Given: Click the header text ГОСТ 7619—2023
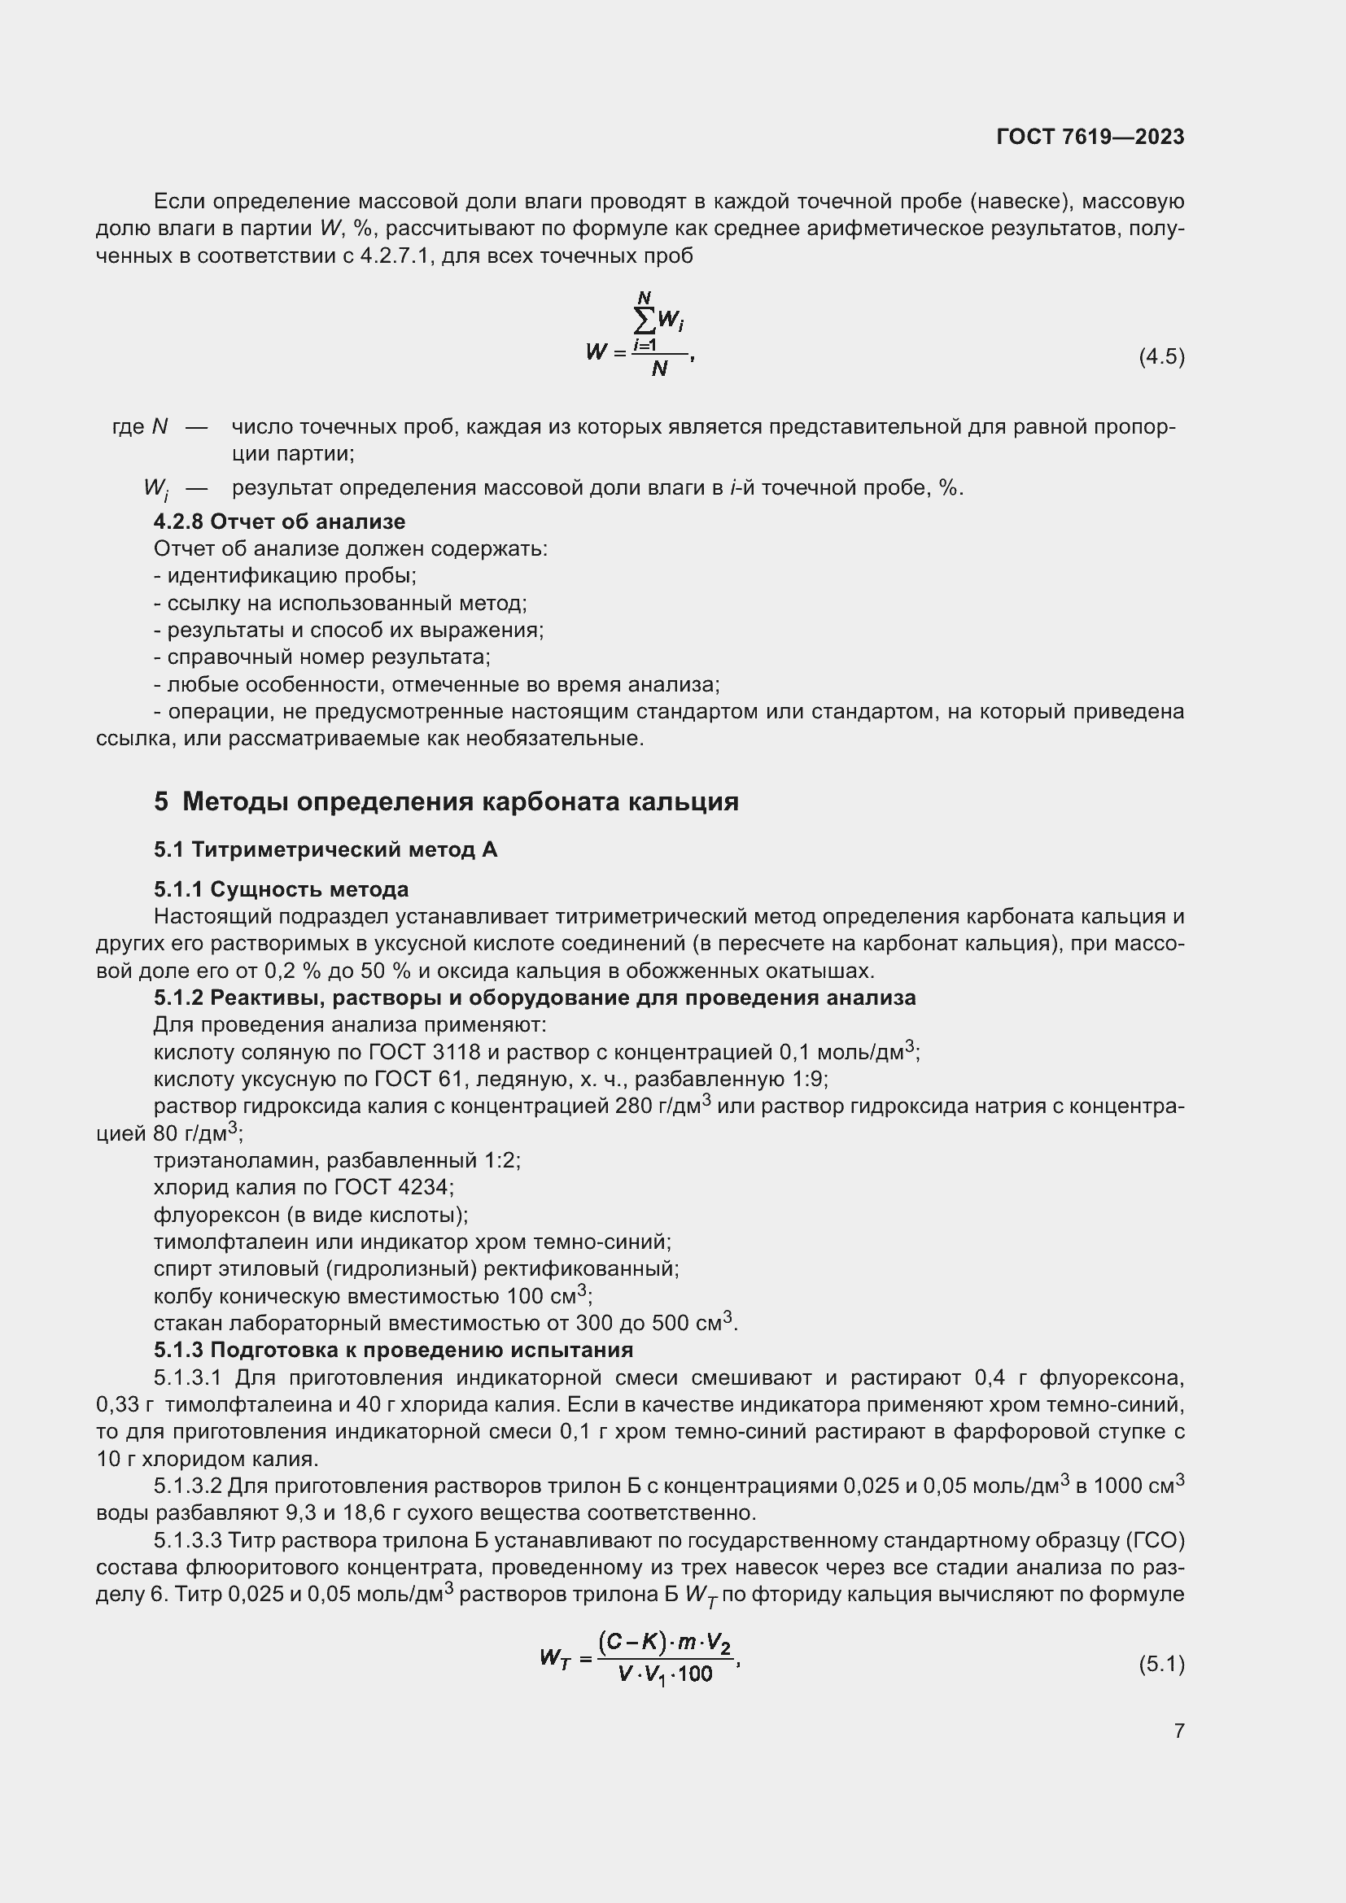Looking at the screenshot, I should (1090, 137).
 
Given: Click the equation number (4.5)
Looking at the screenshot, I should (1161, 356).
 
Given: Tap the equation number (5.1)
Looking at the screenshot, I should (1161, 1664).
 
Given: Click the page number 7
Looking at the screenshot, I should (1178, 1731).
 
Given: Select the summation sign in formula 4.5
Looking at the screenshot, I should (644, 319).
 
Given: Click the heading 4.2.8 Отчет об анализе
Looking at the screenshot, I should (279, 522).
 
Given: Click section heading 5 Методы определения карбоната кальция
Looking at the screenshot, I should (446, 801).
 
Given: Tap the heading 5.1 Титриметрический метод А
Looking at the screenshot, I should (325, 849).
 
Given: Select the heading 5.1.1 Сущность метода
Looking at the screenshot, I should (281, 889).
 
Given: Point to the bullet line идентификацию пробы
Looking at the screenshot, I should (285, 575).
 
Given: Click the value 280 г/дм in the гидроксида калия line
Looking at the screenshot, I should (659, 1106).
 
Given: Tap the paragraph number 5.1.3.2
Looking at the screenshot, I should (188, 1486).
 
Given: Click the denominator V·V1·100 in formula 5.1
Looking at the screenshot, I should (665, 1674).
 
